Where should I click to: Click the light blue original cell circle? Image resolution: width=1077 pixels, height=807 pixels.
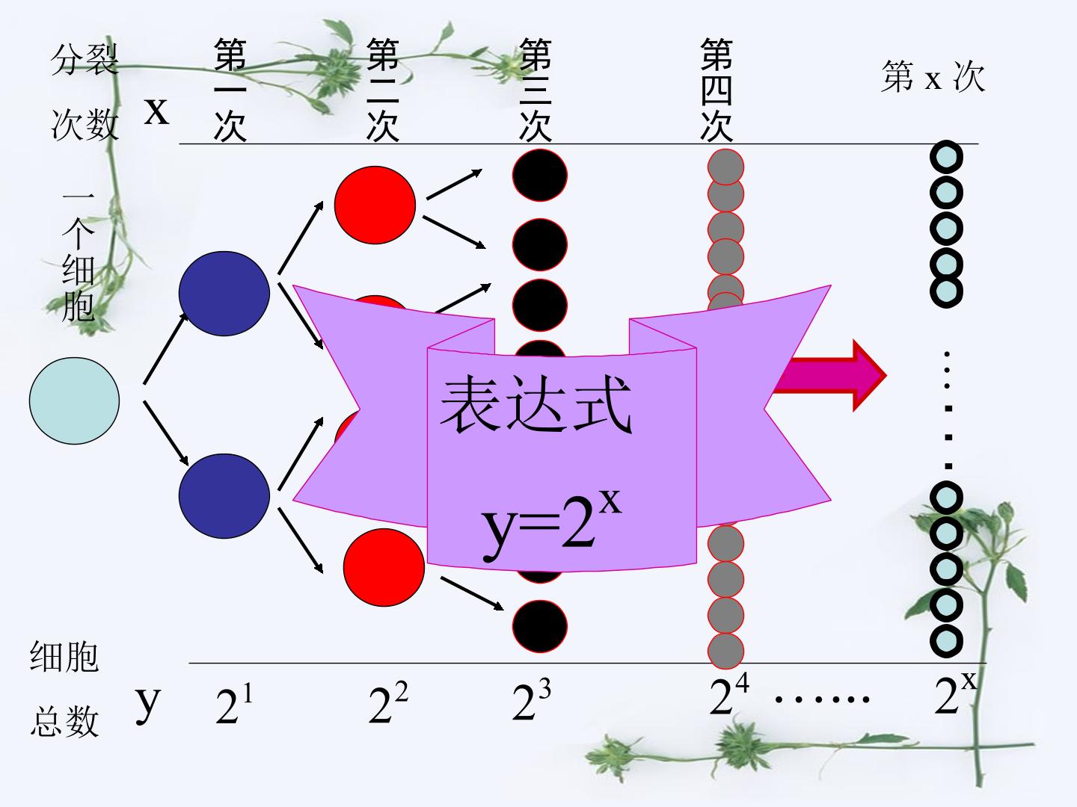tap(74, 401)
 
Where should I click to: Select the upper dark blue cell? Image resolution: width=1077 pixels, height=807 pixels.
tap(224, 294)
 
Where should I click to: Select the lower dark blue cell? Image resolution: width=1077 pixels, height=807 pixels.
tap(224, 496)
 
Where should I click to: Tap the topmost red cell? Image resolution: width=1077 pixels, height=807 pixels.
tap(375, 205)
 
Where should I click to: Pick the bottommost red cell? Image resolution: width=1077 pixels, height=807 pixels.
tap(384, 567)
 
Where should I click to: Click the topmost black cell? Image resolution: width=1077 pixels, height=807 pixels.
tap(540, 175)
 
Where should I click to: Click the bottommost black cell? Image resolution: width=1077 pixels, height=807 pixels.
tap(540, 626)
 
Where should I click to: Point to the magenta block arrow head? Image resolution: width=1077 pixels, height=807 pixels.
tap(869, 375)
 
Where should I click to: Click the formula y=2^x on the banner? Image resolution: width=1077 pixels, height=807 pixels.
tap(551, 525)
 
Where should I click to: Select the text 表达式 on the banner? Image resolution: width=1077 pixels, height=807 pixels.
tap(536, 404)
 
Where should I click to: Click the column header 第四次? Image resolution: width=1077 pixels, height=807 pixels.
tap(717, 90)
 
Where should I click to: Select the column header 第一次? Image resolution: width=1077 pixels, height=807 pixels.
tap(230, 90)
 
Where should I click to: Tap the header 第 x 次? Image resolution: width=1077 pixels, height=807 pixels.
tap(933, 76)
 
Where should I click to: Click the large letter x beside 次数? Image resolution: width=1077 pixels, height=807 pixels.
tap(156, 111)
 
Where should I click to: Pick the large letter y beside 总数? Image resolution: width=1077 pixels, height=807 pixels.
tap(147, 704)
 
